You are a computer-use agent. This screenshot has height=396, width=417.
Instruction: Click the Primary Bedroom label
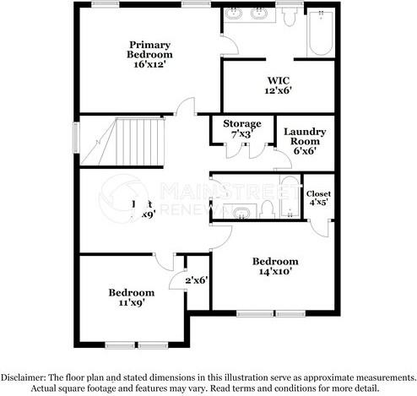(x=149, y=53)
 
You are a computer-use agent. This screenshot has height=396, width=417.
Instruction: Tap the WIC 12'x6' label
(x=273, y=85)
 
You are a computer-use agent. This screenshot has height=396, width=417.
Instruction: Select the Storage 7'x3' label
(x=241, y=129)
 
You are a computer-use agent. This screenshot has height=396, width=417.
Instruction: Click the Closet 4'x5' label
(x=318, y=198)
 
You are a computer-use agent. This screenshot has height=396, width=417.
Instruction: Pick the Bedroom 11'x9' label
(x=131, y=297)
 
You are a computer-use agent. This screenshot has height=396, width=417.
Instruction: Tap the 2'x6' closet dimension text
(x=197, y=279)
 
